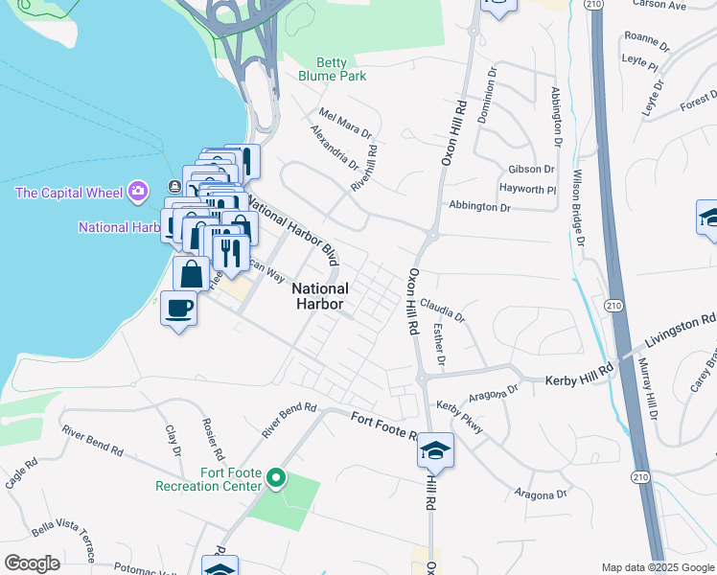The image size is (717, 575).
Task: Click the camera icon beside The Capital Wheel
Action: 139,192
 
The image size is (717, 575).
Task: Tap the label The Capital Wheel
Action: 70,193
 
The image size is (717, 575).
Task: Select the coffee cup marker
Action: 178,309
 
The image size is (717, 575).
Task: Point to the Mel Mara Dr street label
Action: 345,122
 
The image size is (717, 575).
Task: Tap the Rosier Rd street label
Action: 213,438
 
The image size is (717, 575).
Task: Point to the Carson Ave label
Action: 685,5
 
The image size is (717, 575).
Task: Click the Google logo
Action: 32,563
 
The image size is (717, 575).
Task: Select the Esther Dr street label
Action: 439,344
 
